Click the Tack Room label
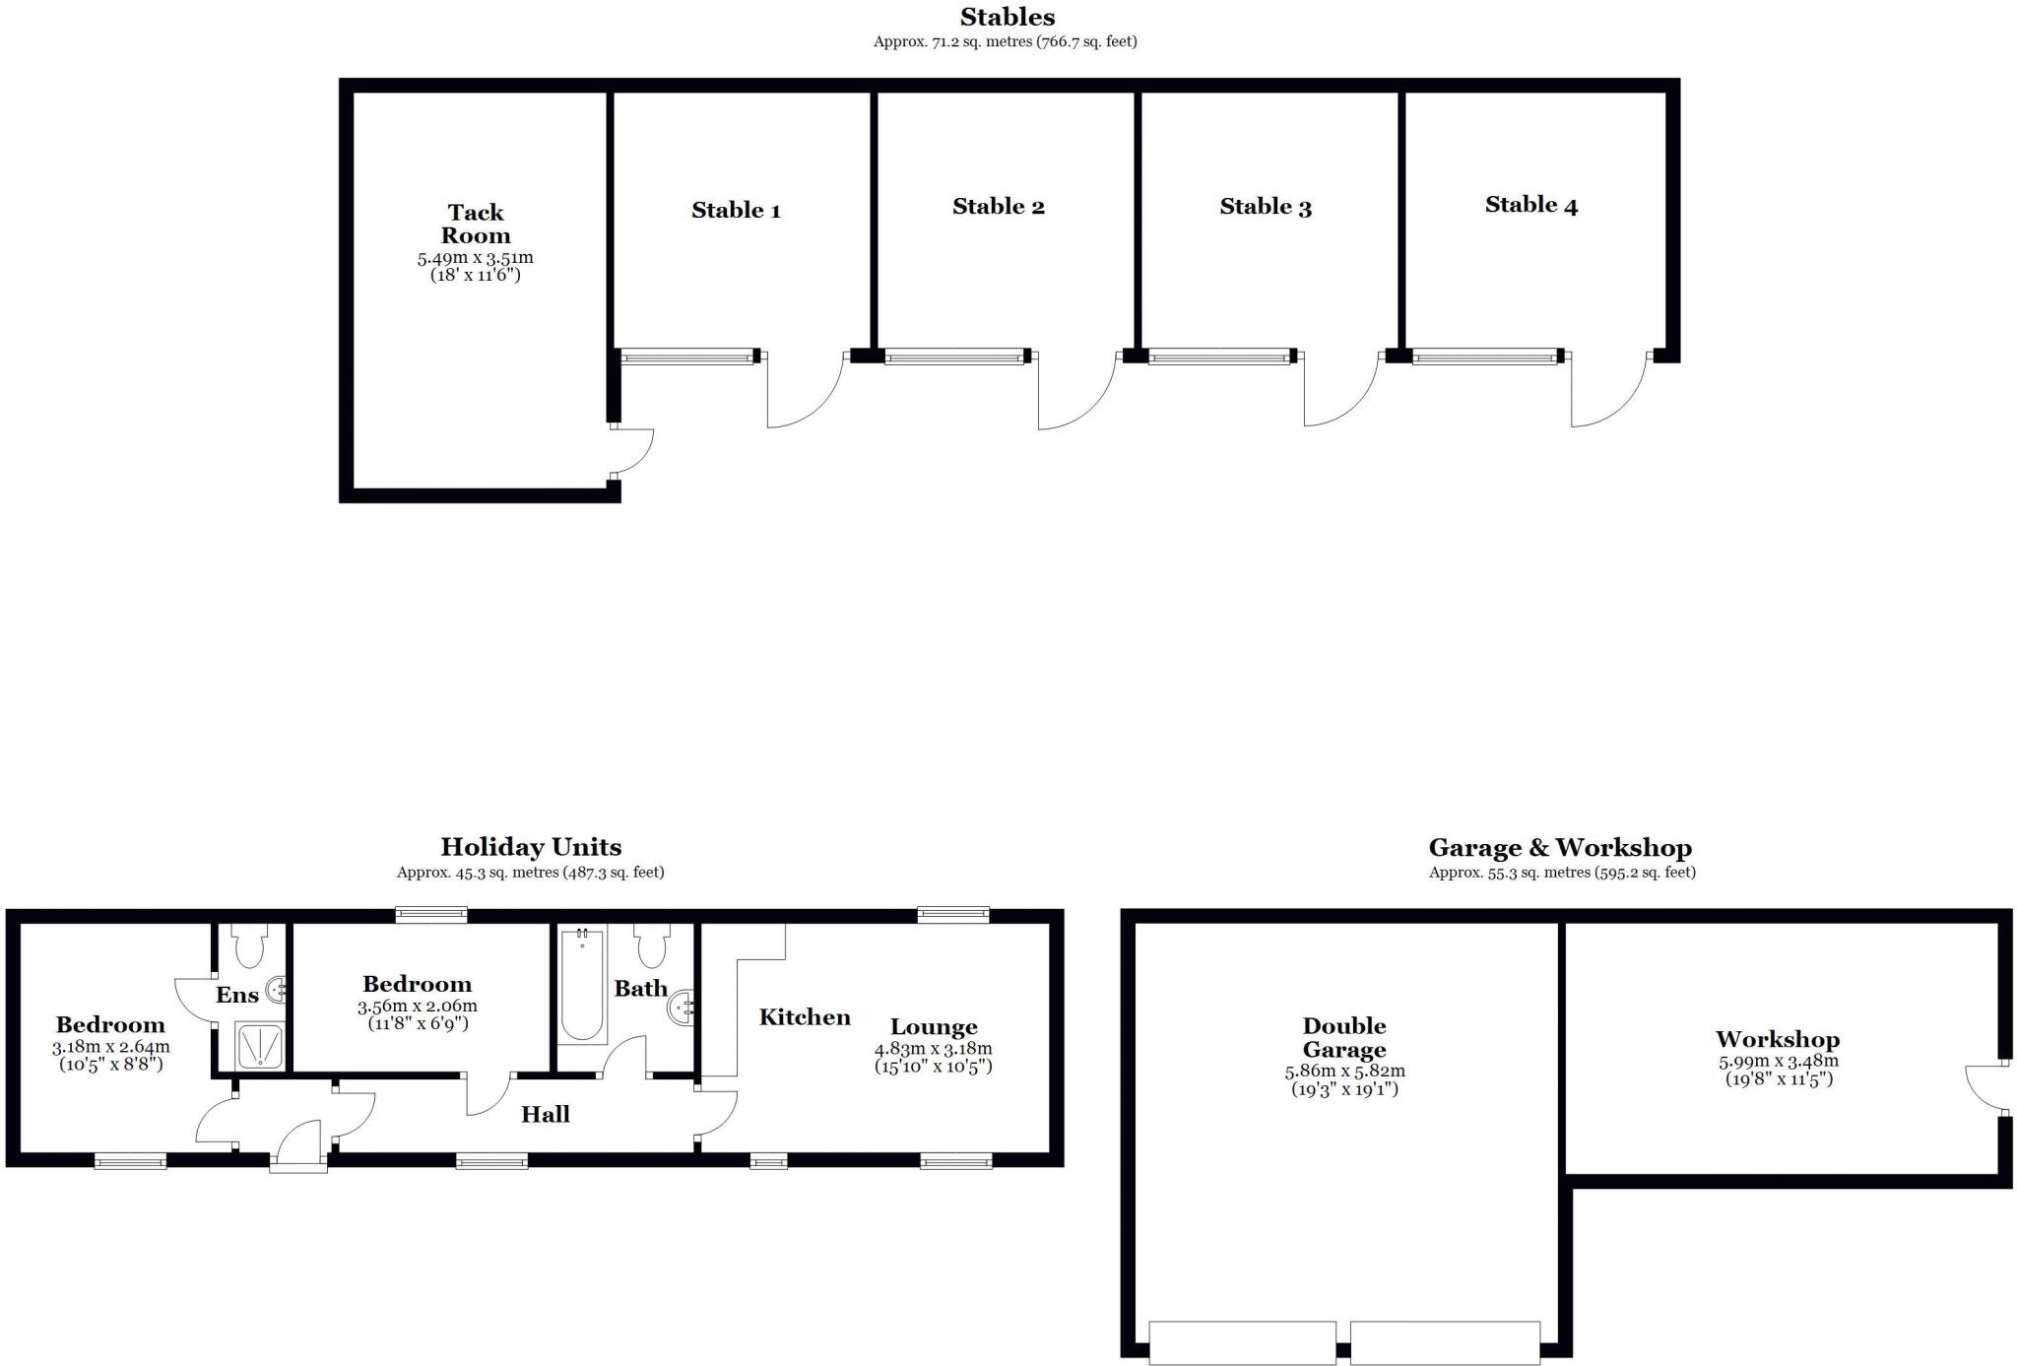pyautogui.click(x=475, y=224)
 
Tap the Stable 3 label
pyautogui.click(x=1265, y=207)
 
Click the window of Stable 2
pyautogui.click(x=955, y=357)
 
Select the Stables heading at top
pyautogui.click(x=1007, y=17)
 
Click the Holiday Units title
pyautogui.click(x=530, y=847)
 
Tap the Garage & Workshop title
pyautogui.click(x=1560, y=848)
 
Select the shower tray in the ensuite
pyautogui.click(x=259, y=1046)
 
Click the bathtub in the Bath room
pyautogui.click(x=582, y=985)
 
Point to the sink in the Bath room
pyautogui.click(x=682, y=1008)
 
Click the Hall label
pyautogui.click(x=545, y=1114)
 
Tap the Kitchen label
pyautogui.click(x=804, y=1017)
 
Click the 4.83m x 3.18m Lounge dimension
pyautogui.click(x=933, y=1049)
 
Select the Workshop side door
pyautogui.click(x=1982, y=1087)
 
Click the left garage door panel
pyautogui.click(x=1242, y=1342)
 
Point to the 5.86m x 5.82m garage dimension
pyautogui.click(x=1344, y=1072)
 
